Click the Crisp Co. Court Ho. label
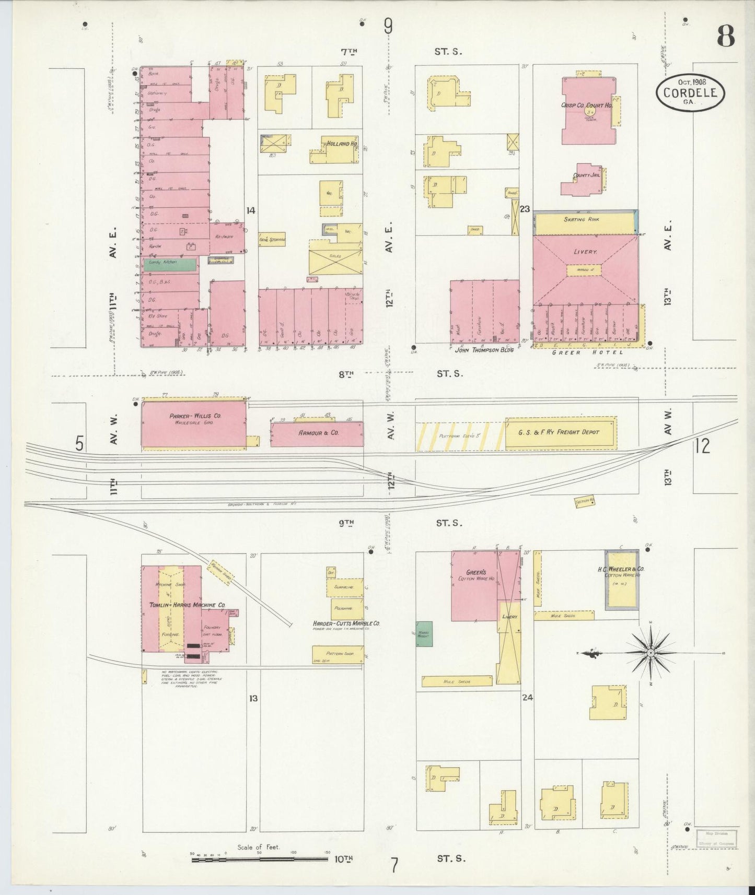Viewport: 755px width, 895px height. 586,105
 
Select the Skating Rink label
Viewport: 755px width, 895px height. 581,220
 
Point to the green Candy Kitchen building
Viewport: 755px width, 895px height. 170,264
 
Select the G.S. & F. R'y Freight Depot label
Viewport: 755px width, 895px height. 559,432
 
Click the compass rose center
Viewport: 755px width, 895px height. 651,653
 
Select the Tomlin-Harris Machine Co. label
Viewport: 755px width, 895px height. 187,605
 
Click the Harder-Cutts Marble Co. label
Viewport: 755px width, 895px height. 346,623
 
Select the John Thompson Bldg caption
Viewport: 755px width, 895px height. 484,349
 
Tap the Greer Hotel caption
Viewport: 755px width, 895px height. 588,352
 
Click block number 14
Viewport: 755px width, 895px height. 251,210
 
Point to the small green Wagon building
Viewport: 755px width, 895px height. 424,634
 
